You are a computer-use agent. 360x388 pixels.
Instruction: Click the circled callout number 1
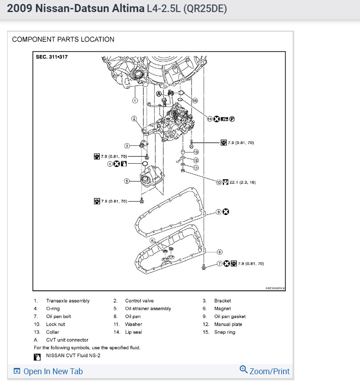[135, 101]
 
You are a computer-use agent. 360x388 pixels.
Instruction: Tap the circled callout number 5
[127, 181]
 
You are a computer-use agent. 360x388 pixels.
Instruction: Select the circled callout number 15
[195, 101]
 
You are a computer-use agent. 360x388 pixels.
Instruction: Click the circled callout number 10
[219, 182]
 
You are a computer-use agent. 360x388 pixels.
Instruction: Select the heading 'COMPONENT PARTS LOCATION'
[63, 39]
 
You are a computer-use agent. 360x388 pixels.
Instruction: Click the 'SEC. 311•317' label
[55, 57]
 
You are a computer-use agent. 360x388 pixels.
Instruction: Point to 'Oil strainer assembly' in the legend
[148, 309]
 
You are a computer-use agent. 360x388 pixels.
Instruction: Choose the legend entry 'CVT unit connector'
[67, 340]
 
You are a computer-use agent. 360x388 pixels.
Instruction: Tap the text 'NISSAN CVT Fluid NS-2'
[74, 356]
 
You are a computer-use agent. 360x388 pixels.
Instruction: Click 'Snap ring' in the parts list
[225, 332]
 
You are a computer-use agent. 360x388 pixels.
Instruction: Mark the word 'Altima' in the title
[129, 9]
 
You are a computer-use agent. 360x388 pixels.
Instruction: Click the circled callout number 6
[152, 241]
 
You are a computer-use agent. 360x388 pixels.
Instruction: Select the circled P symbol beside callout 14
[232, 119]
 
